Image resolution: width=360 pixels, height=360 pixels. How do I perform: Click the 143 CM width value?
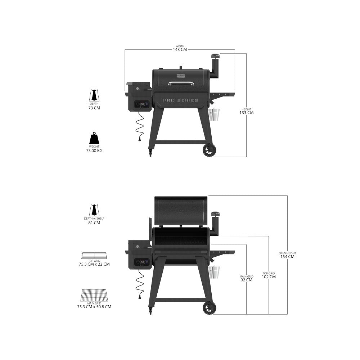click(x=180, y=49)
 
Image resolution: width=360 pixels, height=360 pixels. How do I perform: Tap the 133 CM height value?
click(x=246, y=113)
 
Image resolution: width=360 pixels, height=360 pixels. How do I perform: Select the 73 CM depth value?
click(x=94, y=108)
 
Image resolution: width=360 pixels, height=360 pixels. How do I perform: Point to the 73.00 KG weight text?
click(x=94, y=151)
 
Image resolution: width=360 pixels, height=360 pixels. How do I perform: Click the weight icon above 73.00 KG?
click(x=94, y=138)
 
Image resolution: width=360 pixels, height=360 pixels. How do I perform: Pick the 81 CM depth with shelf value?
click(x=94, y=223)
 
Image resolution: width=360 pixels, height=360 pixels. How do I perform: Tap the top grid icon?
click(x=94, y=256)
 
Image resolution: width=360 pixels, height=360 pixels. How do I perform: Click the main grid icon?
click(x=94, y=296)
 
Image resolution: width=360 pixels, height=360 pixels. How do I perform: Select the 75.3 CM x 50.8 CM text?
click(x=94, y=307)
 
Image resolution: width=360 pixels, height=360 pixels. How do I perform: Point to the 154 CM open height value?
click(x=287, y=257)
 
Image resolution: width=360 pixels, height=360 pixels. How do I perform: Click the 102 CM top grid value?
click(x=269, y=277)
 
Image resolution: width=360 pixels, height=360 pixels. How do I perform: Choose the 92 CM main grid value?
click(x=246, y=280)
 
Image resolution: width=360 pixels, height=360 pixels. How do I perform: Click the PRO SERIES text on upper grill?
click(x=181, y=100)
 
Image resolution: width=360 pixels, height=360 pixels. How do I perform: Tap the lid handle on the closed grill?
click(x=181, y=84)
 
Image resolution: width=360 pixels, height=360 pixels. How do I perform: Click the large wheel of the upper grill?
click(x=209, y=150)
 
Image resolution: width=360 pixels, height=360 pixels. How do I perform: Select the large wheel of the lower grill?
click(x=209, y=308)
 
